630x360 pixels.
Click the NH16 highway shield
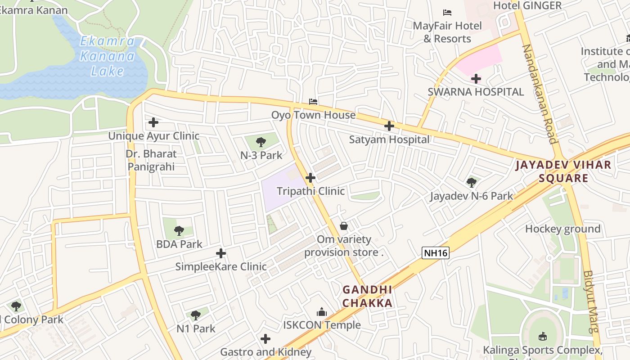pyautogui.click(x=436, y=253)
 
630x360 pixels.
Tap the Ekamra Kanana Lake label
pyautogui.click(x=107, y=56)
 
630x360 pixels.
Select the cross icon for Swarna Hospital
pyautogui.click(x=476, y=79)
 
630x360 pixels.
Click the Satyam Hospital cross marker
pyautogui.click(x=389, y=126)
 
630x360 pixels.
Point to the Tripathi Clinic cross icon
pyautogui.click(x=310, y=178)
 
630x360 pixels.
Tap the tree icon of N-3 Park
pyautogui.click(x=261, y=143)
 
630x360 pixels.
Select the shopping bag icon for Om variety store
pyautogui.click(x=344, y=226)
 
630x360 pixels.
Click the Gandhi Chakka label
pyautogui.click(x=367, y=296)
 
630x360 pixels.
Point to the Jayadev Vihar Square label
pyautogui.click(x=563, y=171)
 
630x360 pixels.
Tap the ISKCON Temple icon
pyautogui.click(x=322, y=312)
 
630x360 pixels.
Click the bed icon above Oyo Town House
pyautogui.click(x=313, y=102)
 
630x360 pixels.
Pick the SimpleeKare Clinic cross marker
pyautogui.click(x=221, y=253)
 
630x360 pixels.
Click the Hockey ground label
pyautogui.click(x=562, y=229)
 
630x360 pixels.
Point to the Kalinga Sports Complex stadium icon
pyautogui.click(x=543, y=336)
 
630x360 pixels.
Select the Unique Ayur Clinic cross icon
pyautogui.click(x=153, y=122)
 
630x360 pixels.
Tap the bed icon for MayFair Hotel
pyautogui.click(x=447, y=13)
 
